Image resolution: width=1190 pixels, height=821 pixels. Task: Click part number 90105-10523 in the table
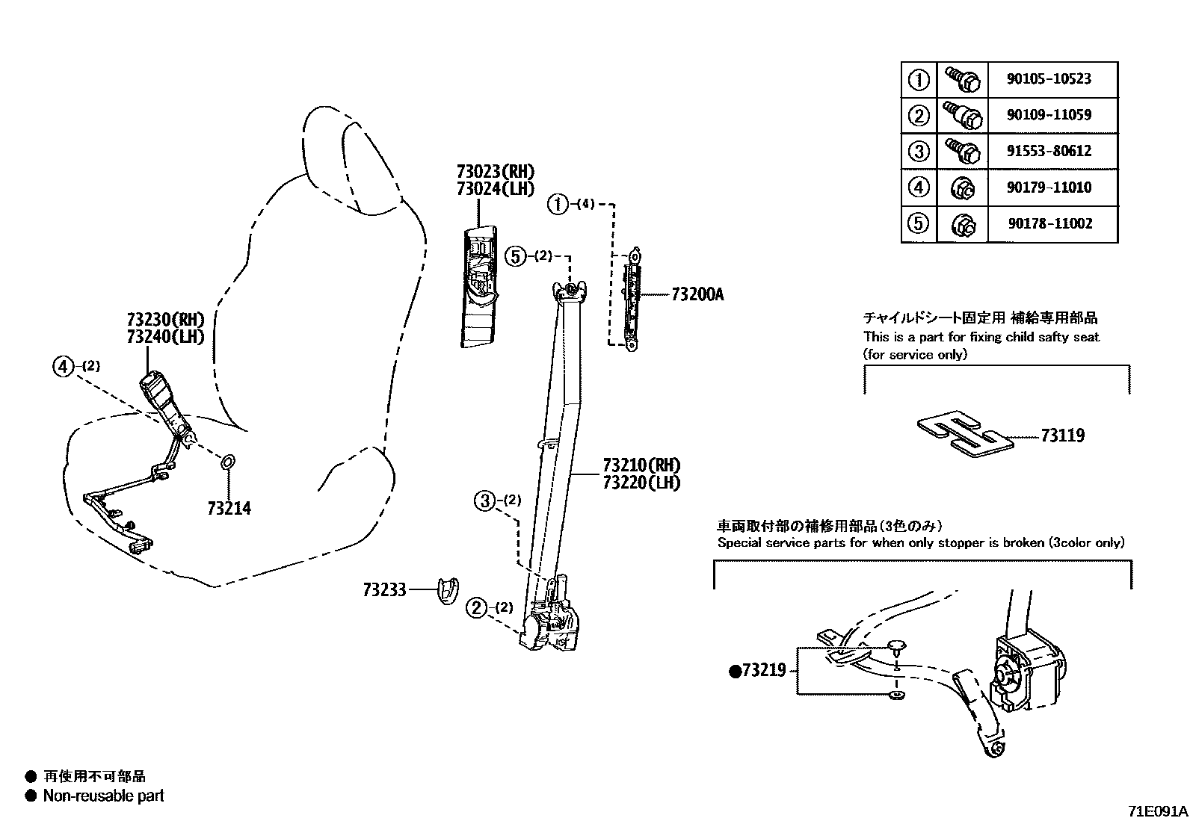1049,78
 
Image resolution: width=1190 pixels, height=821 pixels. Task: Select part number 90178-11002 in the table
1049,223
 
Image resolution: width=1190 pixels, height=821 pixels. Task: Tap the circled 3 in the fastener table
919,152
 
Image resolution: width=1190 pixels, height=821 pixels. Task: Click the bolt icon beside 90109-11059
961,115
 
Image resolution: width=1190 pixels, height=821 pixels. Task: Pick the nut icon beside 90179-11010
962,188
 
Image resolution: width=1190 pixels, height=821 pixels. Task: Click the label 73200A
697,294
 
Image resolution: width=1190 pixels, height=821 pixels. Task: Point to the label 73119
1062,436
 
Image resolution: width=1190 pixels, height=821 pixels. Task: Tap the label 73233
384,590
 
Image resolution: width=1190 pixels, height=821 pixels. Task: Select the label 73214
229,509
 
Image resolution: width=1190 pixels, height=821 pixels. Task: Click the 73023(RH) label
496,172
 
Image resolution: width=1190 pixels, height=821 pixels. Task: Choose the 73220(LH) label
641,483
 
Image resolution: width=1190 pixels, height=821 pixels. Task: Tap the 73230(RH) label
165,319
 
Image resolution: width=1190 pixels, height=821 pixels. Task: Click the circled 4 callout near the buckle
64,366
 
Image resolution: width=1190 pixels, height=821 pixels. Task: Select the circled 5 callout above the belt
516,256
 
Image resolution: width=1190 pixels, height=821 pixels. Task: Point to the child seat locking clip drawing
965,434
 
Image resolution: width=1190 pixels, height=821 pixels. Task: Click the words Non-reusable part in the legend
103,796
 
